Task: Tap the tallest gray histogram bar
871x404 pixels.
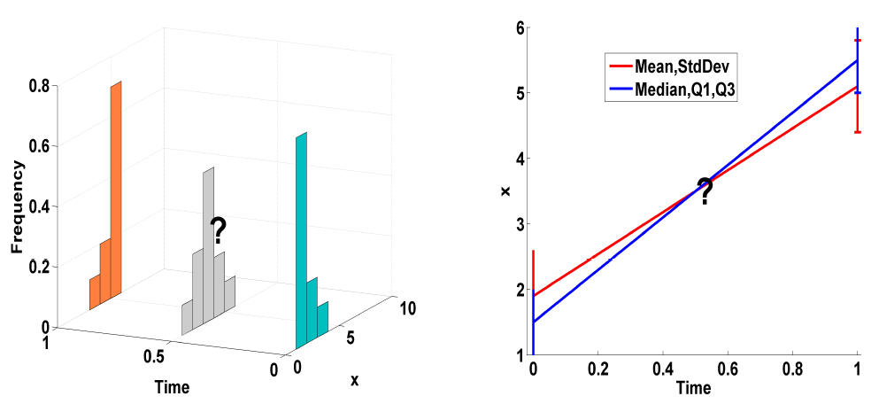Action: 209,239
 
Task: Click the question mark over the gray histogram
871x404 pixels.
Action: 218,231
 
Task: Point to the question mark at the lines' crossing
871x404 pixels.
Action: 705,190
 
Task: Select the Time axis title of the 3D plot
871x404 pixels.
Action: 171,387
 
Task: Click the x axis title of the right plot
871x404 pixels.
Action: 506,190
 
